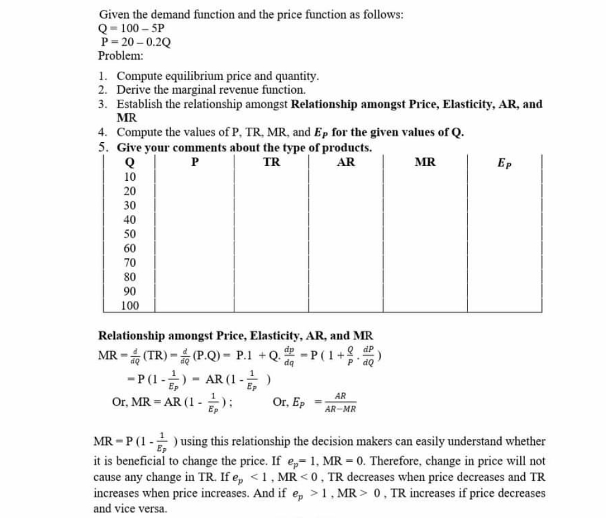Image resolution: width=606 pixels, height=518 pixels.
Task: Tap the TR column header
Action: click(x=272, y=162)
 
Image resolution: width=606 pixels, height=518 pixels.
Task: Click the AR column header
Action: click(x=346, y=162)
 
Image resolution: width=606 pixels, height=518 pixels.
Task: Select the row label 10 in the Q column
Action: click(x=129, y=177)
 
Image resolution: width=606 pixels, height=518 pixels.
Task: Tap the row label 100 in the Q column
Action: click(x=129, y=306)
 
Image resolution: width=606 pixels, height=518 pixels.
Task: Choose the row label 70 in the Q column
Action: click(x=129, y=263)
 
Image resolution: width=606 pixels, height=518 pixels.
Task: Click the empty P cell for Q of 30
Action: click(x=194, y=205)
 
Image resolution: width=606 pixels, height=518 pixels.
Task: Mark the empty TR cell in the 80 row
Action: click(x=272, y=277)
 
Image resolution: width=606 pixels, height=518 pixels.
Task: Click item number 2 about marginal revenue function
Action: click(x=211, y=90)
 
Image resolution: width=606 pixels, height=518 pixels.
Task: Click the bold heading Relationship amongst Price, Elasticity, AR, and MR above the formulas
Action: click(x=236, y=335)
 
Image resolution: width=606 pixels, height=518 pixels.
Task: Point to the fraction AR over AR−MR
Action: click(x=340, y=403)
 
